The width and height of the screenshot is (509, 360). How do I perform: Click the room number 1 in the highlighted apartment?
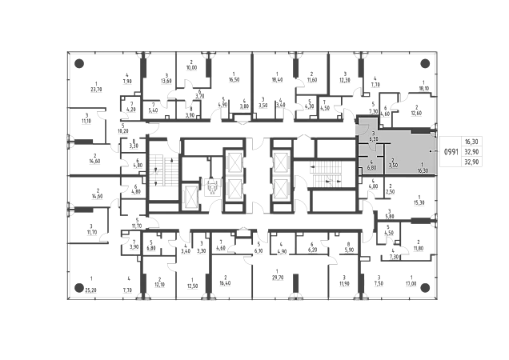coord(422,164)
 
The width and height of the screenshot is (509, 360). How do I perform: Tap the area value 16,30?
coord(422,170)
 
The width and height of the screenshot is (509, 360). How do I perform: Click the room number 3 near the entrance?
coord(373,133)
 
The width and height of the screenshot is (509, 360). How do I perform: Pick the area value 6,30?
coord(373,139)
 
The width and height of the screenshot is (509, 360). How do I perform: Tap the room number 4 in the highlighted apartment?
coord(371,162)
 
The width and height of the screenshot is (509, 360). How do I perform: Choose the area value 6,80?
coord(371,169)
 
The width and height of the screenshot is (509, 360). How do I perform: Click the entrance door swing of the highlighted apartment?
coord(362,129)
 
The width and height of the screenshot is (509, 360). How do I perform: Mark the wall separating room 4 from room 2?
coord(383,164)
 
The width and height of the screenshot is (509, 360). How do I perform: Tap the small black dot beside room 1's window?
coord(431,150)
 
